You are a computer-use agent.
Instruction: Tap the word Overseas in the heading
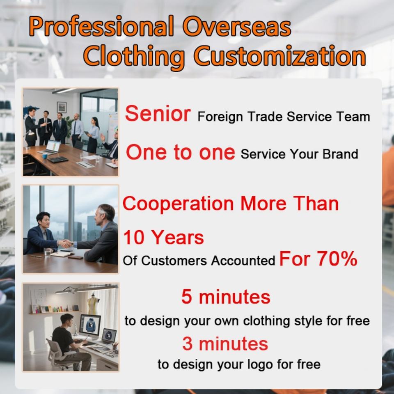(237, 26)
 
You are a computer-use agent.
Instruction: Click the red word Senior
(158, 114)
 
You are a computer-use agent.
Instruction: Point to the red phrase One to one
(181, 152)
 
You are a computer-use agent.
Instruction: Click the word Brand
(340, 154)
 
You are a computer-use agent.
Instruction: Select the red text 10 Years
(163, 237)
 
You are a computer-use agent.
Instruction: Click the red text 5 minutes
(226, 297)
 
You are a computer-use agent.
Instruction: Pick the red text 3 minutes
(225, 344)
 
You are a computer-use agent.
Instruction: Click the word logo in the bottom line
(260, 364)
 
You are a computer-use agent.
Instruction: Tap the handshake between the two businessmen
(65, 243)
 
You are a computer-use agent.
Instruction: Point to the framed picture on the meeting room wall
(62, 107)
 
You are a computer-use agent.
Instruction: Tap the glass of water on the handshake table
(47, 252)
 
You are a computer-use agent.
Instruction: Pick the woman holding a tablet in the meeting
(93, 135)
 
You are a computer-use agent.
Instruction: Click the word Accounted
(243, 261)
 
